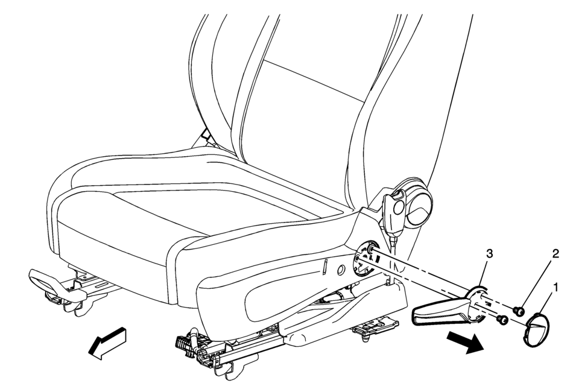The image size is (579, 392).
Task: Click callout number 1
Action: (555, 286)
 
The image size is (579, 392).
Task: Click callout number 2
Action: (555, 253)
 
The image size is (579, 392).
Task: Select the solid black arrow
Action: (464, 342)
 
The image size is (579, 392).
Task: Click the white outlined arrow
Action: (107, 343)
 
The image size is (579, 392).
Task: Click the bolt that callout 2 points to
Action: (519, 312)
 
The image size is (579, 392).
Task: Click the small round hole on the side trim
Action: (340, 270)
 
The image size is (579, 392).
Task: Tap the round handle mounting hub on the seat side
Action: (365, 257)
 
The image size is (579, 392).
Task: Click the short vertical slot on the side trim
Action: (326, 267)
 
